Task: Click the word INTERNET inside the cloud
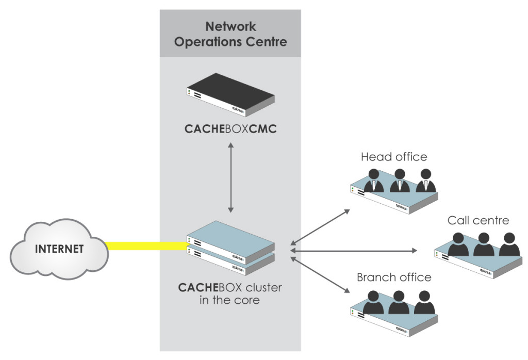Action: [x=59, y=249]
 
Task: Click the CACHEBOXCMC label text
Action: [x=230, y=129]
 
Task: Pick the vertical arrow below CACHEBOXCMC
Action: [x=230, y=177]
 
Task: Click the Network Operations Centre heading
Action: [x=230, y=34]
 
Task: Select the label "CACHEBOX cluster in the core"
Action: [x=230, y=293]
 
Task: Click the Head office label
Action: [x=394, y=157]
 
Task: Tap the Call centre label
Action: [x=478, y=221]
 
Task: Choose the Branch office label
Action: [x=394, y=277]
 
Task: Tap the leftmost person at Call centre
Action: [x=458, y=244]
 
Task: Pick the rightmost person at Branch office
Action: [x=424, y=303]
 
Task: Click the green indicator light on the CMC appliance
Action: [x=190, y=91]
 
